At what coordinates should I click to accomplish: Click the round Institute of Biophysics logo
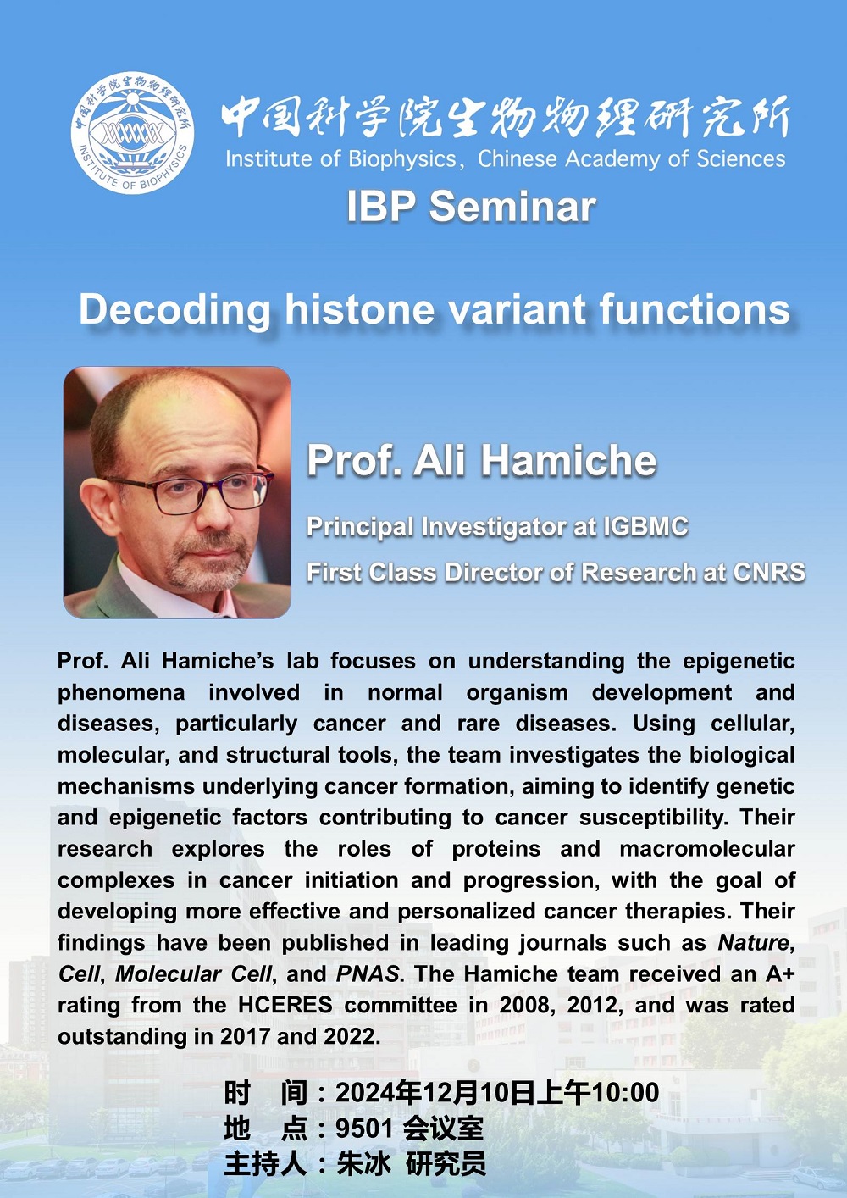(x=133, y=132)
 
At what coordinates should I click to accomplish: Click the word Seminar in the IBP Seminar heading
(x=512, y=207)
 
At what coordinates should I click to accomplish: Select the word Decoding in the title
(x=174, y=310)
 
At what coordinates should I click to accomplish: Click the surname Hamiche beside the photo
(x=569, y=460)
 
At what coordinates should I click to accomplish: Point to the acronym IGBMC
(x=645, y=527)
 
